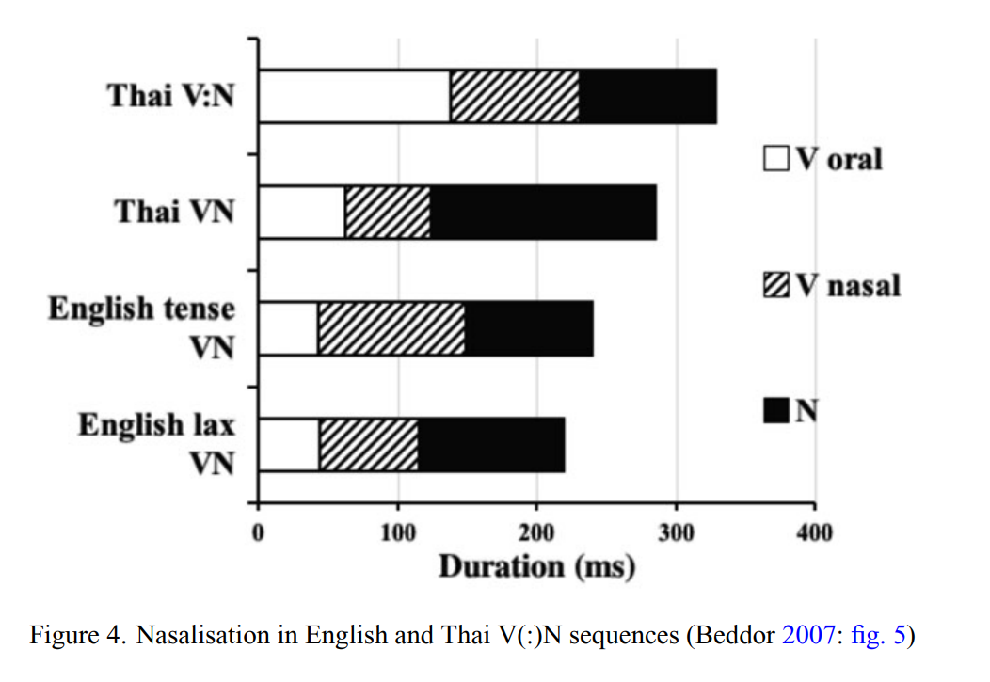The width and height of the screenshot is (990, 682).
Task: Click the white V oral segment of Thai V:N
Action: pos(354,96)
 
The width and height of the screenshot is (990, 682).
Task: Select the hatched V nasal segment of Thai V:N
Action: pos(514,96)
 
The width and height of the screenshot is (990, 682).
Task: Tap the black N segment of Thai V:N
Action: pos(647,96)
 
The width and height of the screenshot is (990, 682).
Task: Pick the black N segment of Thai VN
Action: pos(543,213)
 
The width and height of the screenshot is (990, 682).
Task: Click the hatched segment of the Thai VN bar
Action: pos(388,213)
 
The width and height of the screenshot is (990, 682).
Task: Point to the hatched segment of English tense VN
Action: pos(391,328)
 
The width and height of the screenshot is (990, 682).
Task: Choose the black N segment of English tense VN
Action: pos(529,328)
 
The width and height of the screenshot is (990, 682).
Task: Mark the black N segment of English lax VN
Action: pos(491,445)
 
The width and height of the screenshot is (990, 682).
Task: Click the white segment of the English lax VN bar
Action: pos(289,445)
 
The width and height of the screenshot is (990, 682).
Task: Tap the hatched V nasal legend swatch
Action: pos(776,284)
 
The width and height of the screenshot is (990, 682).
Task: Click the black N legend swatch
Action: pos(776,410)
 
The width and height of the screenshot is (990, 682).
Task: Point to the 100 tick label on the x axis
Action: pos(397,532)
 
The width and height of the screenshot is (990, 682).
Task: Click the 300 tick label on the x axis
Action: pos(676,532)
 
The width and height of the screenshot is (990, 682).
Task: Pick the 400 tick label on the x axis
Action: pos(814,532)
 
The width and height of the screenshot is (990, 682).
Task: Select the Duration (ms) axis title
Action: pos(536,566)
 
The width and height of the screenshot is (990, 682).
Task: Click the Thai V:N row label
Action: pos(169,96)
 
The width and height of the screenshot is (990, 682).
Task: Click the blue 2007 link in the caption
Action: pos(803,635)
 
